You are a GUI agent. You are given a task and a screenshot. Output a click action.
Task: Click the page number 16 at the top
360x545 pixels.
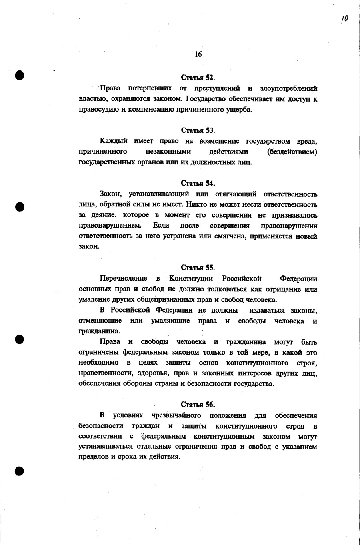[198, 54]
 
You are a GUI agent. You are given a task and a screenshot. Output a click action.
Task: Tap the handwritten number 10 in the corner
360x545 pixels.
[344, 19]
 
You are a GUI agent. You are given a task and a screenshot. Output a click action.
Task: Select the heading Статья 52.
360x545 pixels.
[198, 78]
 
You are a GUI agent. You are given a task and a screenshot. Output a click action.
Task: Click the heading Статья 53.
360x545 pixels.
[198, 130]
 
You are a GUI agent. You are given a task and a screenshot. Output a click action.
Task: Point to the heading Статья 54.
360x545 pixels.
[198, 184]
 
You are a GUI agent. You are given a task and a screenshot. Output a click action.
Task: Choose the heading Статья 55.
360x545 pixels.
[198, 268]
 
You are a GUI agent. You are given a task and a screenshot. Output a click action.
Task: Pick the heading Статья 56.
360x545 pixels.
[198, 405]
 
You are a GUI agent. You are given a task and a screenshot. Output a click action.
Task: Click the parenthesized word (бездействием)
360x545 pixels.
[292, 152]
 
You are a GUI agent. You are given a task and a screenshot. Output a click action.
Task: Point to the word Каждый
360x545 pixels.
[114, 141]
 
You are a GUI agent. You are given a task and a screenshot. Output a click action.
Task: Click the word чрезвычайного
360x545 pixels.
[176, 415]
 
